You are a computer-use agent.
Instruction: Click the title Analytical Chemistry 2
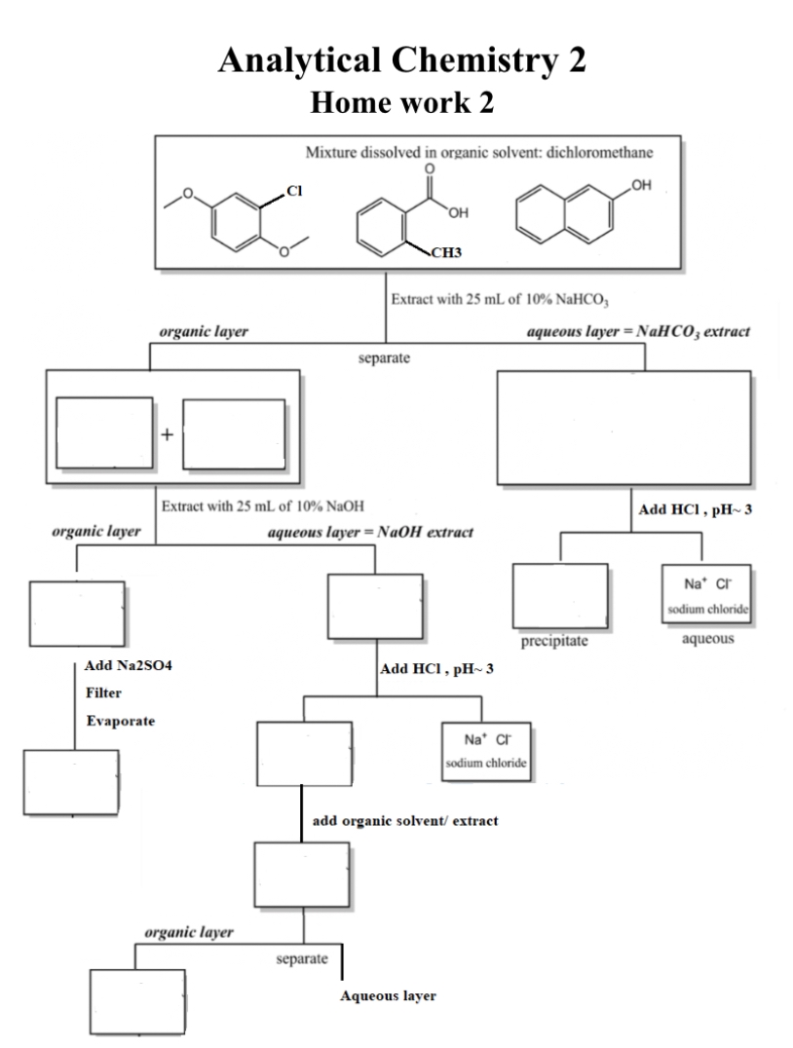click(402, 60)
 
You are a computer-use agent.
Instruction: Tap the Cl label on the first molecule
click(295, 192)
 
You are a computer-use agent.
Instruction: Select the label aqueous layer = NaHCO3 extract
click(637, 333)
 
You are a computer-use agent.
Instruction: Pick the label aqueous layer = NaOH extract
click(370, 533)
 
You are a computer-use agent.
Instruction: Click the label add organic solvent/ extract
click(405, 821)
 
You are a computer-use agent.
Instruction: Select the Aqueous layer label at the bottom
click(388, 996)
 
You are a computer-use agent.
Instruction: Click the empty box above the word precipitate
click(560, 595)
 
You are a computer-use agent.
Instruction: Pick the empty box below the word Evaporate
click(71, 781)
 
